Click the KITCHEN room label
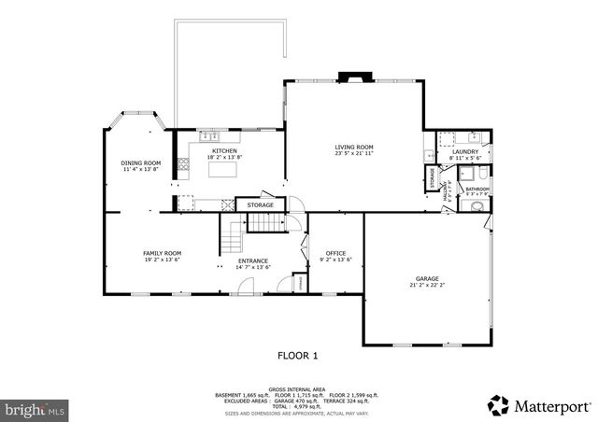point(224,151)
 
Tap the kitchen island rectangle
point(224,171)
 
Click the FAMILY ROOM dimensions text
point(162,260)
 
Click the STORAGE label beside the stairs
point(261,204)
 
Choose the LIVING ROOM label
point(354,147)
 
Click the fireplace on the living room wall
point(354,78)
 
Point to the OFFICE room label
point(335,253)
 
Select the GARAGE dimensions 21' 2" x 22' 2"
point(428,285)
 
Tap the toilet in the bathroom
point(477,207)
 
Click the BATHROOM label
point(477,190)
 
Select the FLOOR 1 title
point(298,355)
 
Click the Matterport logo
point(539,405)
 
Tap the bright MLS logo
point(36,409)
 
